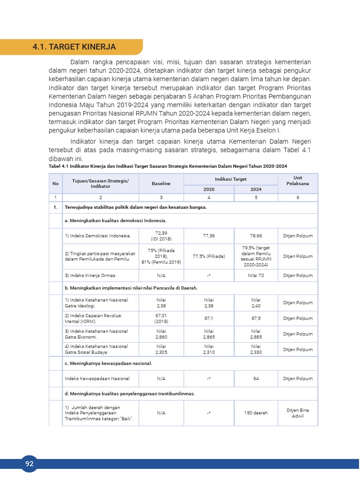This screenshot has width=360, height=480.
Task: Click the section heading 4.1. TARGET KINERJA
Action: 74,47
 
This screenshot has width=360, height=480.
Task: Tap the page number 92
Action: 30,464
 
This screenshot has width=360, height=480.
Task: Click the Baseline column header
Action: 161,183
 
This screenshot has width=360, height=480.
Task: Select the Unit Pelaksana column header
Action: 298,181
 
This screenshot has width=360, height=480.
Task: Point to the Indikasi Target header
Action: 231,179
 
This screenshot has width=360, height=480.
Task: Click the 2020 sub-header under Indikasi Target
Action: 209,189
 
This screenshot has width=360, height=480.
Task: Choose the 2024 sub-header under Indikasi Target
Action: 256,189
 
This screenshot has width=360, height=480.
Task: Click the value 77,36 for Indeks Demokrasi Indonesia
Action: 209,236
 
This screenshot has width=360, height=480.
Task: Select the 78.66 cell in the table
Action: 256,236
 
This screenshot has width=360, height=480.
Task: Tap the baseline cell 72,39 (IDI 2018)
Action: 161,236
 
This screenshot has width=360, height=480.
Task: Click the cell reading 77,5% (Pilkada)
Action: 209,256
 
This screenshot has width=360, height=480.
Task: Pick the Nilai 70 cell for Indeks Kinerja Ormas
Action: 256,275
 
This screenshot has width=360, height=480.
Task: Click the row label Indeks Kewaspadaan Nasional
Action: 97,378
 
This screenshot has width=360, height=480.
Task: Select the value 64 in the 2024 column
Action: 256,378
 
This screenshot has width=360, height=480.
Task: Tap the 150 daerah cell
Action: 256,413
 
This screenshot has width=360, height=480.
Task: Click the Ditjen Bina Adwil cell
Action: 298,413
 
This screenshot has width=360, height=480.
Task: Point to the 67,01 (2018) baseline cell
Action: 161,318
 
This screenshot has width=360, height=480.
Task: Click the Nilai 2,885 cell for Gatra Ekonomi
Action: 256,334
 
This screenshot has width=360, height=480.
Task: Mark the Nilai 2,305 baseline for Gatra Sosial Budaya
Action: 161,349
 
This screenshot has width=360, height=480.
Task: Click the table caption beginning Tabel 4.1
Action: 168,166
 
